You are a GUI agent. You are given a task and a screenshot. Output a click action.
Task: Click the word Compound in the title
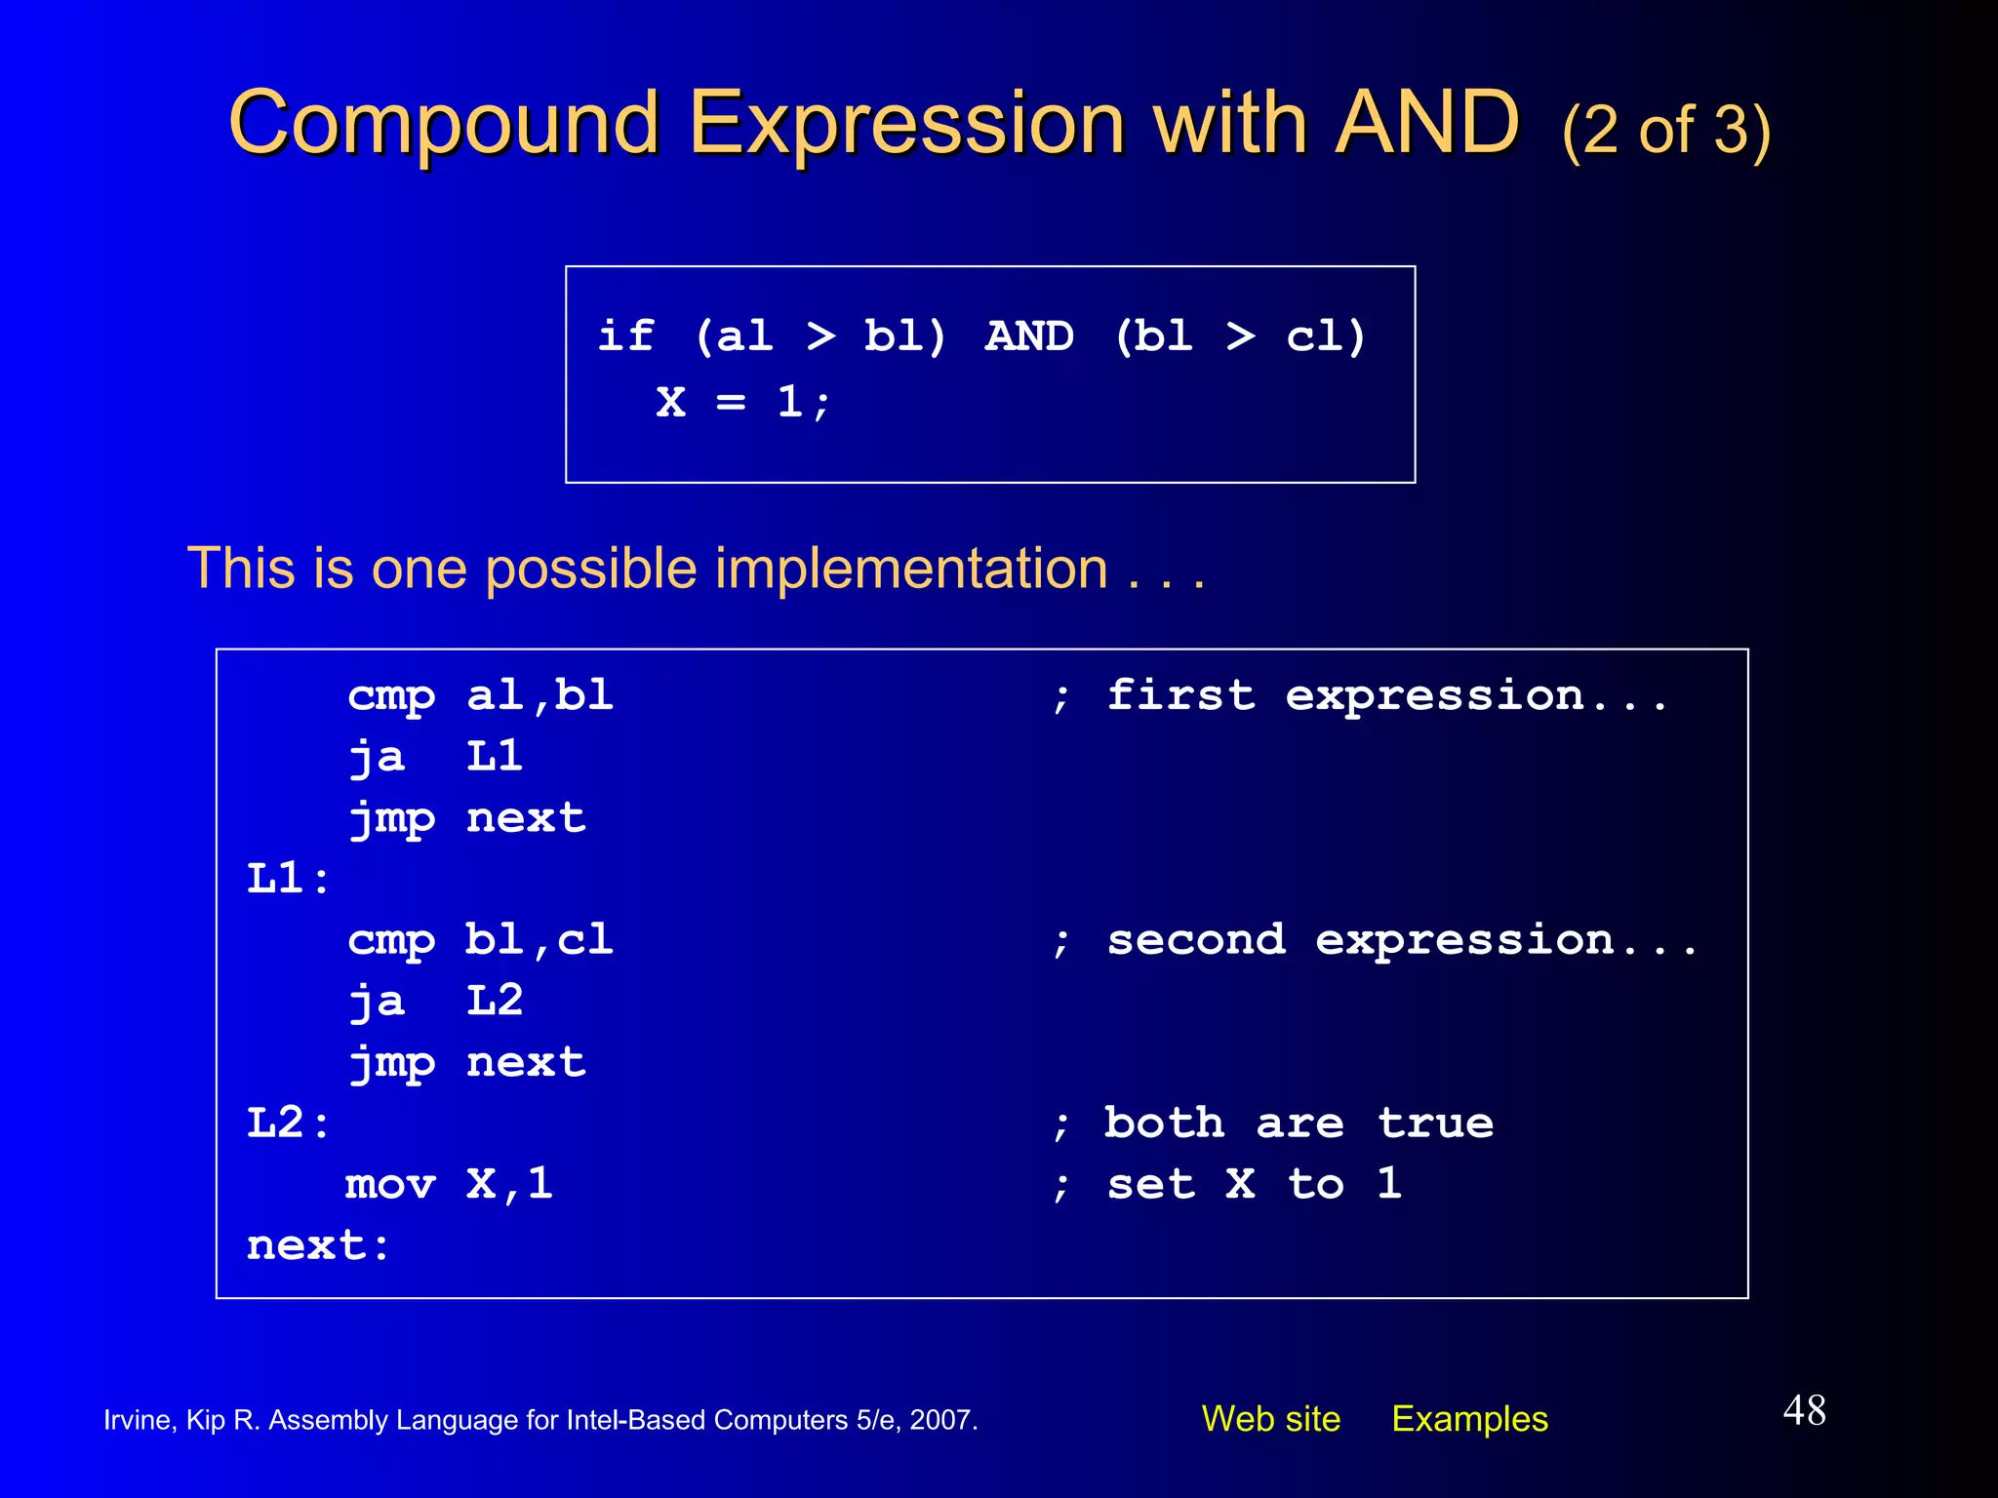444,124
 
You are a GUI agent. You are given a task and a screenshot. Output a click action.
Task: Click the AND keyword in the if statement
1028,336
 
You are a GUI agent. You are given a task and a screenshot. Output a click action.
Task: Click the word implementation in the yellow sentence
911,569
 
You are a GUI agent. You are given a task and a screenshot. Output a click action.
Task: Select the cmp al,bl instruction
480,696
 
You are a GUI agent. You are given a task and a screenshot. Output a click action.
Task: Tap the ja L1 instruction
435,757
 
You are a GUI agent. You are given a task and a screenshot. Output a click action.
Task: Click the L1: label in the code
288,879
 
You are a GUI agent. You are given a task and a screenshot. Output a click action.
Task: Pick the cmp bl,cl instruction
480,940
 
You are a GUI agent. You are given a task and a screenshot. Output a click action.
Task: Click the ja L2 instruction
435,1002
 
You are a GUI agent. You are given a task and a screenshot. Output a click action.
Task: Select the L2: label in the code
288,1123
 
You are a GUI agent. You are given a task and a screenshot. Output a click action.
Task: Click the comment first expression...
1361,696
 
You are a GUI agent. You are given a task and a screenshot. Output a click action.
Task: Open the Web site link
1270,1419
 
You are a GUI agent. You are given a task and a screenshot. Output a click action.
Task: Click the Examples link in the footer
1469,1419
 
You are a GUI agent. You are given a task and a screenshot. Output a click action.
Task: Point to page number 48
1804,1410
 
